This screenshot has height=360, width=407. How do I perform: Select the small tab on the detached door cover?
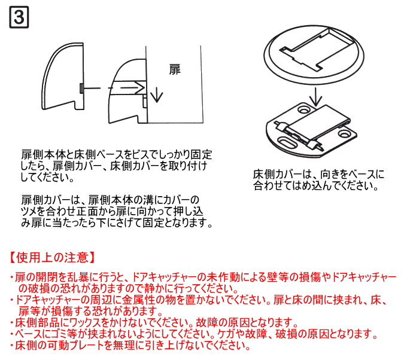tap(80, 89)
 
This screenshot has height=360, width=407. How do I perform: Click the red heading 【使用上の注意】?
tap(53, 258)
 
